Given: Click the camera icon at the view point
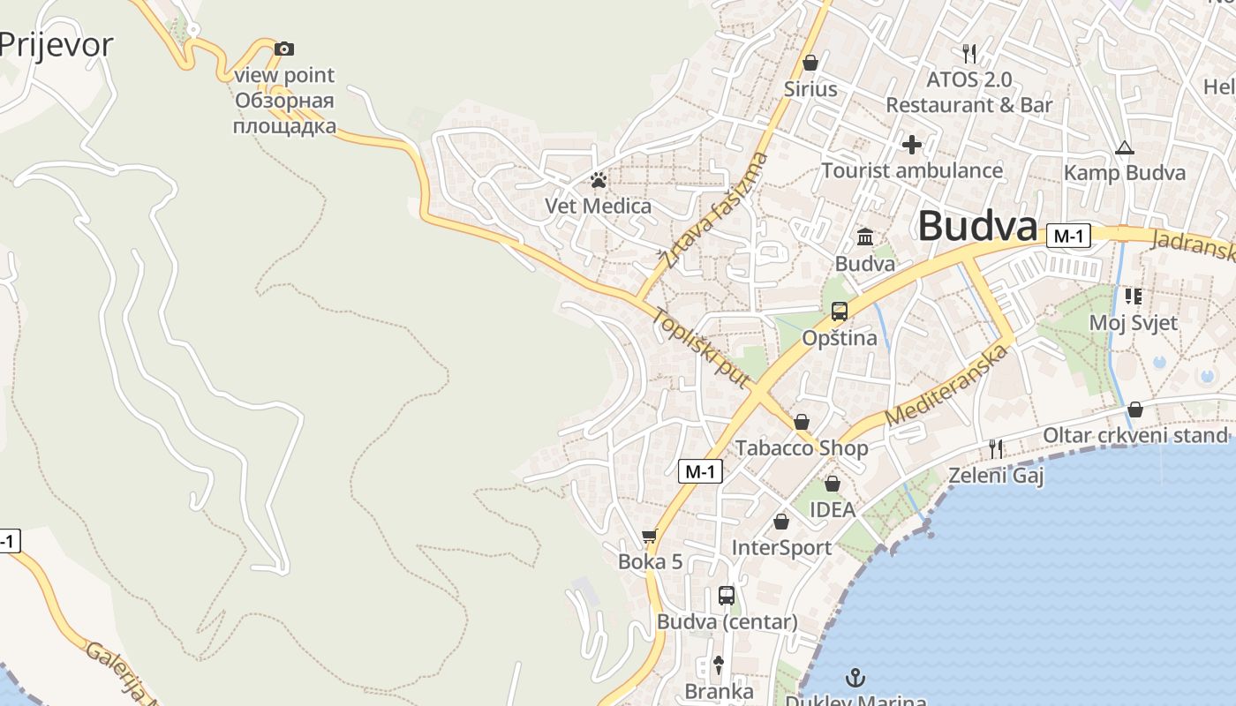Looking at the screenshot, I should point(284,49).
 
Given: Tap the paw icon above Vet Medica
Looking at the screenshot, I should point(599,180).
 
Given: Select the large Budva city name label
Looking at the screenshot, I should point(977,227).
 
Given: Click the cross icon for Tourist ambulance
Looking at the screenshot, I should point(912,144).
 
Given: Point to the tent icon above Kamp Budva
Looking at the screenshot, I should point(1124,147).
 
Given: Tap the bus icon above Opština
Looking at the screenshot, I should point(839,312).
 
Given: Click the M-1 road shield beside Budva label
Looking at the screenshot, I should point(1068,236).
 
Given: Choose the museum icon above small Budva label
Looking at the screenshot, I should point(865,237).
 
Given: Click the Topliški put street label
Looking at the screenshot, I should point(701,348).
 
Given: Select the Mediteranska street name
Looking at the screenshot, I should point(947,385).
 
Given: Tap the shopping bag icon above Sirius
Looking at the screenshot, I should point(810,63).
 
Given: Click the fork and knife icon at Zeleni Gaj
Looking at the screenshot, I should point(996,449).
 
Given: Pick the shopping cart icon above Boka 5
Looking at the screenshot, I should point(650,536).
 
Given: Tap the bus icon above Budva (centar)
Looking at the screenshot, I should point(727,596).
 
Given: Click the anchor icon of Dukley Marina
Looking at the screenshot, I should point(855,678).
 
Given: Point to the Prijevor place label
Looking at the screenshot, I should point(57,44).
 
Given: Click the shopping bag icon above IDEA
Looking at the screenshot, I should point(832,484).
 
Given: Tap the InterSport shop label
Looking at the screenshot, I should point(781,548).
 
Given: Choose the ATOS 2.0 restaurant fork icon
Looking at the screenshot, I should point(969,53).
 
